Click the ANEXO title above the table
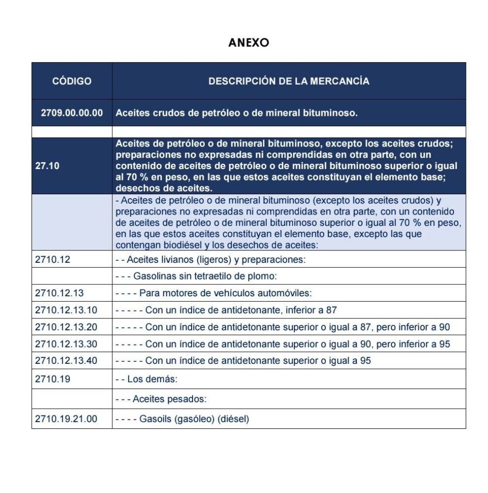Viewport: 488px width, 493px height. click(248, 43)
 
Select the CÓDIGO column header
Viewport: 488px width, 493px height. click(72, 81)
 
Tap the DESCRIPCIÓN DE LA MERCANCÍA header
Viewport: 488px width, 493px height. click(289, 81)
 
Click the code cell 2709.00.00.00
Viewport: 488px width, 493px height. click(72, 113)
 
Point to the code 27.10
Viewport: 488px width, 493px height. click(47, 166)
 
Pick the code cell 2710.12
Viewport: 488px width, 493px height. click(53, 259)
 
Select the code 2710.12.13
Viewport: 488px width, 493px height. click(60, 293)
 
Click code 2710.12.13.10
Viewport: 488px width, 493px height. click(66, 310)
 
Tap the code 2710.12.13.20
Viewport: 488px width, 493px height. click(66, 327)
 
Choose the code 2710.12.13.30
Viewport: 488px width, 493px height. click(66, 344)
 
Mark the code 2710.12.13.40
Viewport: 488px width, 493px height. click(66, 361)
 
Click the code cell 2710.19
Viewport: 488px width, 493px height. click(53, 379)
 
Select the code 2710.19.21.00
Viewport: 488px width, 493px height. click(66, 419)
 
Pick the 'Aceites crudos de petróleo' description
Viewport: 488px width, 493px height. click(236, 113)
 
